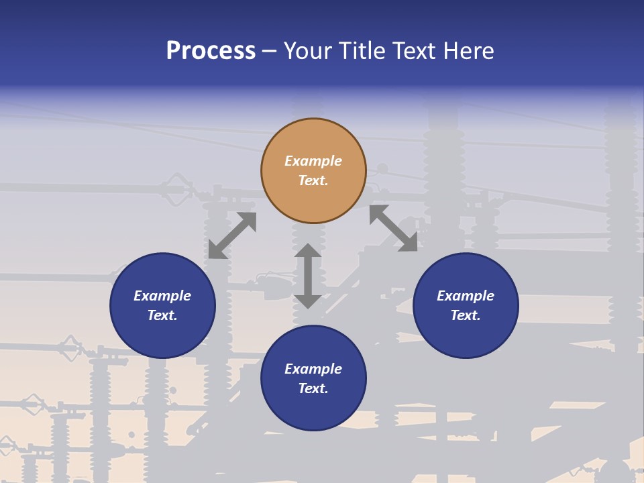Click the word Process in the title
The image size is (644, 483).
pyautogui.click(x=211, y=51)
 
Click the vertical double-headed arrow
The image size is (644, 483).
pyautogui.click(x=308, y=276)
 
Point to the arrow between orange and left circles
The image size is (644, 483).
pyautogui.click(x=232, y=235)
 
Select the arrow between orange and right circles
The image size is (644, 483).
pyautogui.click(x=393, y=228)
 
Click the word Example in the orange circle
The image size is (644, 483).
pyautogui.click(x=313, y=161)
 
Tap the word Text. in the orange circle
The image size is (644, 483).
pyautogui.click(x=313, y=180)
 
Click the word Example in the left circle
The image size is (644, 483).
pyautogui.click(x=162, y=296)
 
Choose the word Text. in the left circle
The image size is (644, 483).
pyautogui.click(x=162, y=315)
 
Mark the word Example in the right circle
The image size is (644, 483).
pyautogui.click(x=466, y=296)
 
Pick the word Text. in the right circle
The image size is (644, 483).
pyautogui.click(x=466, y=315)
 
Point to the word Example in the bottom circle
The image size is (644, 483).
pyautogui.click(x=313, y=369)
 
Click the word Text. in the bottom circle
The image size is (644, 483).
pyautogui.click(x=313, y=388)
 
